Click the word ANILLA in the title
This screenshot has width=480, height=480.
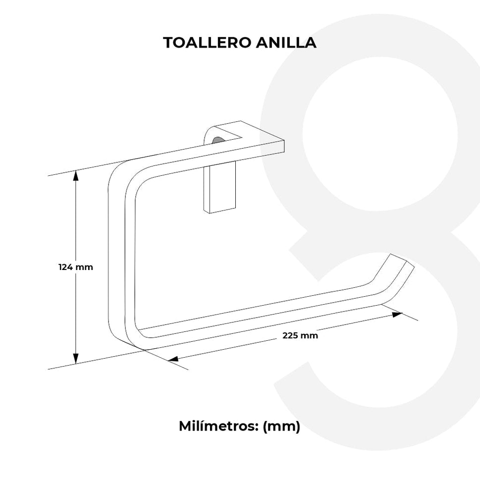[286, 43]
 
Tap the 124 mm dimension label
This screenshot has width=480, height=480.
[76, 267]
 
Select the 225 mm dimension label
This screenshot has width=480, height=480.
[300, 335]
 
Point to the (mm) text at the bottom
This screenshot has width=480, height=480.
[281, 426]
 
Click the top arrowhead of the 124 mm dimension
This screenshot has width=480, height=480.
[76, 174]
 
